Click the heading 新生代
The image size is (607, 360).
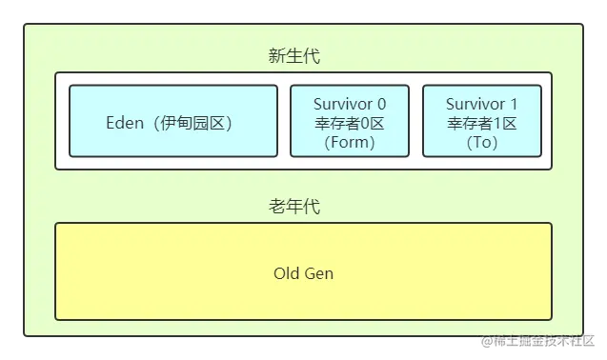(293, 56)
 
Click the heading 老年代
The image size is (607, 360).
(293, 206)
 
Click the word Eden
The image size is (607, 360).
(123, 124)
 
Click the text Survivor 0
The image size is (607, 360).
(350, 103)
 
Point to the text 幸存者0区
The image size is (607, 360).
(350, 123)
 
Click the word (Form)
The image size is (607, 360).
(350, 143)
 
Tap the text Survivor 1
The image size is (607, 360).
(482, 103)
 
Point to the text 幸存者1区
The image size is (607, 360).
(482, 123)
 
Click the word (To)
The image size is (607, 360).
(482, 143)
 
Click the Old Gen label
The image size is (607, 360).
(303, 274)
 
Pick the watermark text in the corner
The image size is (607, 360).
(536, 341)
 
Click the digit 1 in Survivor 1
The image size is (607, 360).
(514, 103)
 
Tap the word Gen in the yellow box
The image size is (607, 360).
(318, 274)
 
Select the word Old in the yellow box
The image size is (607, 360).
(286, 274)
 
